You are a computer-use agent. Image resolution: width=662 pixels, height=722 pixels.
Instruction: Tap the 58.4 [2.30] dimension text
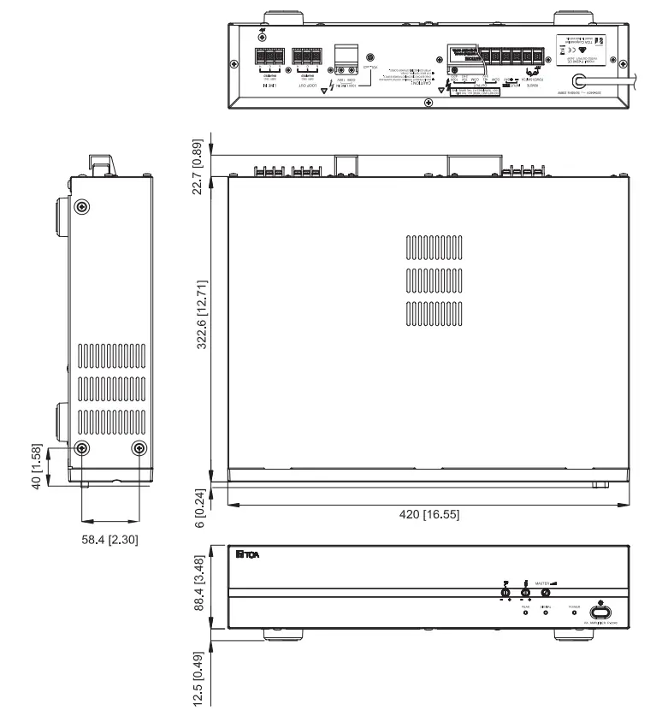pyautogui.click(x=109, y=539)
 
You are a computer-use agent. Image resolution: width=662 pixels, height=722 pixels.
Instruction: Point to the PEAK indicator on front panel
pyautogui.click(x=525, y=613)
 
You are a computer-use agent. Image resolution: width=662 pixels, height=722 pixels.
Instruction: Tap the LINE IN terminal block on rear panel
pyautogui.click(x=269, y=59)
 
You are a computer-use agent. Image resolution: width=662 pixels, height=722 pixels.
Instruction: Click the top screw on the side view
pyautogui.click(x=80, y=207)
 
